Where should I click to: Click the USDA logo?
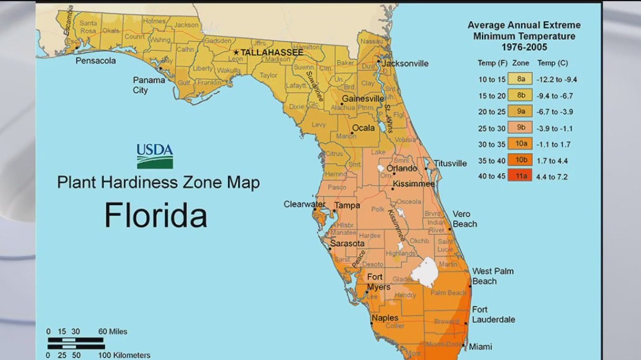pos(155,156)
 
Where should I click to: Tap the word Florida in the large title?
pos(156,215)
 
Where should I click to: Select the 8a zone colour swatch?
pos(520,79)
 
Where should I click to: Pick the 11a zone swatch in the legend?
pos(520,176)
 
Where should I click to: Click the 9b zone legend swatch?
pos(520,128)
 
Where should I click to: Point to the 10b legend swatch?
pos(520,160)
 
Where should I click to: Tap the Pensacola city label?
pos(96,60)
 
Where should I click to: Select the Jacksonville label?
pos(405,63)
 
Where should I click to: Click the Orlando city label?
pos(402,168)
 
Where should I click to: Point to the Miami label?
pos(480,346)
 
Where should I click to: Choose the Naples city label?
pos(385,318)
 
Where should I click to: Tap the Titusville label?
pos(450,163)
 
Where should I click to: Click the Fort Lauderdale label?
pos(493,314)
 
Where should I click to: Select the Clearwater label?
pos(304,204)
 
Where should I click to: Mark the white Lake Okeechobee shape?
pos(424,272)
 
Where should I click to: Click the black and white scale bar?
pos(76,343)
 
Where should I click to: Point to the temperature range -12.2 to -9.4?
pos(556,79)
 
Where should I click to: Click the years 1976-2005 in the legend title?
pos(524,47)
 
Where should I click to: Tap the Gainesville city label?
pos(363,98)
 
